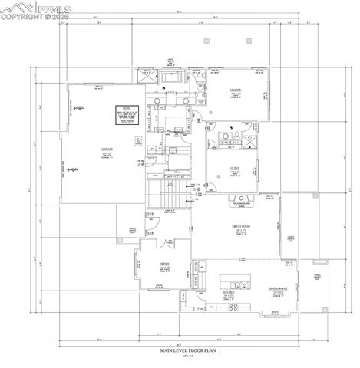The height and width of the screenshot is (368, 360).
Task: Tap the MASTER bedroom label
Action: [x=236, y=90]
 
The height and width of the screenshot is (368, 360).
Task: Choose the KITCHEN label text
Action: [x=227, y=291]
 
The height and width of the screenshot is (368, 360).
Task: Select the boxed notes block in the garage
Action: [x=125, y=115]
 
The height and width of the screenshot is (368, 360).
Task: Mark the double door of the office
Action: [x=166, y=243]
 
